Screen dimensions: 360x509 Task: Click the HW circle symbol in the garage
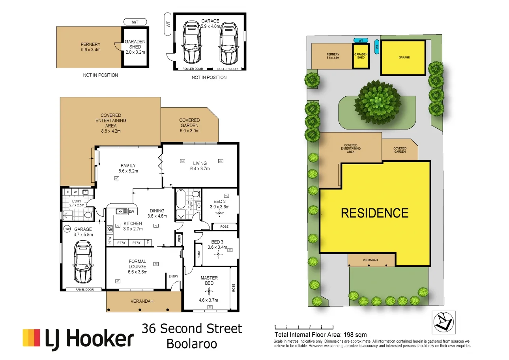pos(67,229)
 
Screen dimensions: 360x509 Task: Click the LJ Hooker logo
pos(78,339)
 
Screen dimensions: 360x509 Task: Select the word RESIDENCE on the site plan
pos(374,213)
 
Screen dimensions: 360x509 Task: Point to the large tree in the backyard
pos(378,102)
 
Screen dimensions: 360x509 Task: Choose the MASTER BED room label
pos(209,280)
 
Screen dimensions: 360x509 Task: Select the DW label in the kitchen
pos(131,212)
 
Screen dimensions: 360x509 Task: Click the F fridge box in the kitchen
pos(148,242)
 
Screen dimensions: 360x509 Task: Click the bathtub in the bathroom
pos(180,200)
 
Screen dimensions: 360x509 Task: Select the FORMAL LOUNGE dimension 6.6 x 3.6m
pos(137,272)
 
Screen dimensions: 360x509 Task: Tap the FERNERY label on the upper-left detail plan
pos(91,44)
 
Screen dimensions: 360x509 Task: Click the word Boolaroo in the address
pos(192,343)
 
